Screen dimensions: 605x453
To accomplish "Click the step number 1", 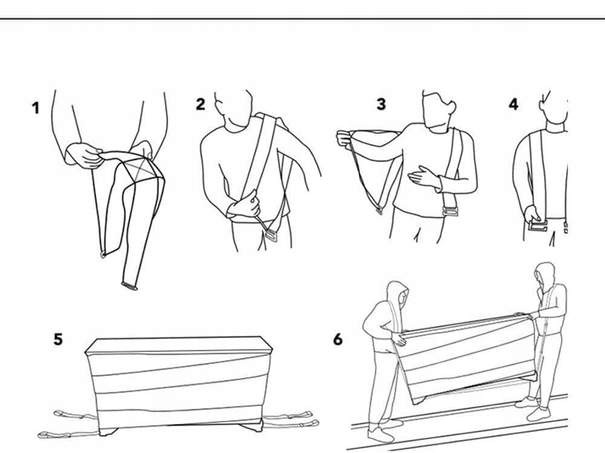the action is point(36,108).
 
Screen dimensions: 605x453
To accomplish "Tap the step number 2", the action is point(200,104).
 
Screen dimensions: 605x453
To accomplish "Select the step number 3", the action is point(381,104).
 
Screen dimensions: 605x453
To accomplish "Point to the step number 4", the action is point(513,104).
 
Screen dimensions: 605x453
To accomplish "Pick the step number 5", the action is point(57,339).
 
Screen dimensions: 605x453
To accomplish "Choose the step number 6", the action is point(338,339).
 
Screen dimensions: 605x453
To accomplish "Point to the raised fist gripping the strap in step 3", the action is point(344,138).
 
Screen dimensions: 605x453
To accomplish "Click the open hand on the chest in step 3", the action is point(423,177).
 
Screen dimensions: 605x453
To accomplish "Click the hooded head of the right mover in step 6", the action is point(544,276).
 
